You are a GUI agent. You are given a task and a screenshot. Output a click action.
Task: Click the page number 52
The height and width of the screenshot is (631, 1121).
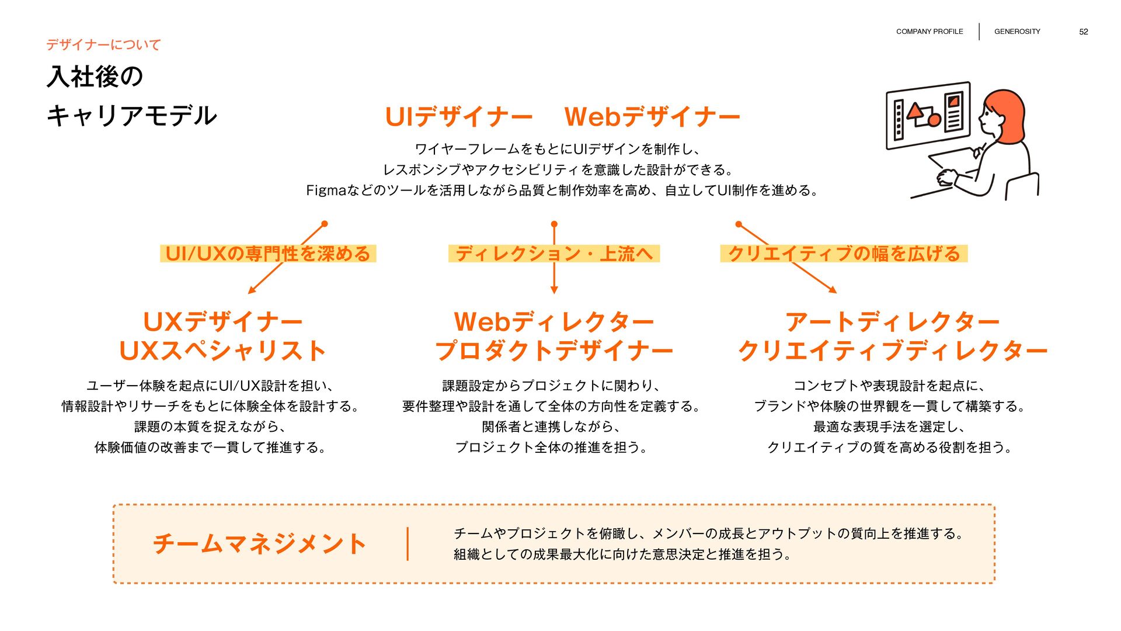coord(1083,32)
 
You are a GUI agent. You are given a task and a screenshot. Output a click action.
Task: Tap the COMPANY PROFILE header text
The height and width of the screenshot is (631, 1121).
coord(929,32)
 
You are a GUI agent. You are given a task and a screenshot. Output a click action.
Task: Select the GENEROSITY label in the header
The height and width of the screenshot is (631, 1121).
coord(1017,32)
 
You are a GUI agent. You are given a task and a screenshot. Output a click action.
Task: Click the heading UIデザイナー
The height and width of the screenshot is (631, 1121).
coord(458,117)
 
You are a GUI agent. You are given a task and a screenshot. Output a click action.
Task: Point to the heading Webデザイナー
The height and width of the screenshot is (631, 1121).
coord(652,117)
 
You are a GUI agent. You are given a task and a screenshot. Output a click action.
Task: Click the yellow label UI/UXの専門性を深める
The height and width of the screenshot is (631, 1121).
coord(268,254)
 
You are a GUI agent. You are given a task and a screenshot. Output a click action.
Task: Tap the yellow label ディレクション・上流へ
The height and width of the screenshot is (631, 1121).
coord(553,254)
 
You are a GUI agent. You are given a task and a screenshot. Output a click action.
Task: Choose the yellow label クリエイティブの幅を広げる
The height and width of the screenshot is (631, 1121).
coord(844,254)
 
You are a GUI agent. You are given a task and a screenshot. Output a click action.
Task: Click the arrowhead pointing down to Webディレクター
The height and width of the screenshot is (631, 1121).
coord(554,290)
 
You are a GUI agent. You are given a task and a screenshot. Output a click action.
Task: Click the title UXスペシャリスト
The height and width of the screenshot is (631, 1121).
coord(222,351)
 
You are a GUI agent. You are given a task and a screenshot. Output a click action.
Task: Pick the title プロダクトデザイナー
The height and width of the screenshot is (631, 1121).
coord(553,351)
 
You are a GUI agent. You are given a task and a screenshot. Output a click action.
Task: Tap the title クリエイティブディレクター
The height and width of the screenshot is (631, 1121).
coord(892,351)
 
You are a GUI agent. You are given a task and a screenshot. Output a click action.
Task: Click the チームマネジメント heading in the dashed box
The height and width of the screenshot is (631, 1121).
coord(260,544)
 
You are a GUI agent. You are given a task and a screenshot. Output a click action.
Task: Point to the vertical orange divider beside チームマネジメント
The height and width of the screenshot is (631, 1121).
coord(408,544)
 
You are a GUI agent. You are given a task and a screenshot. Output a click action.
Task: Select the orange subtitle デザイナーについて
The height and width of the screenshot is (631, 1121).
coord(103,44)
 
